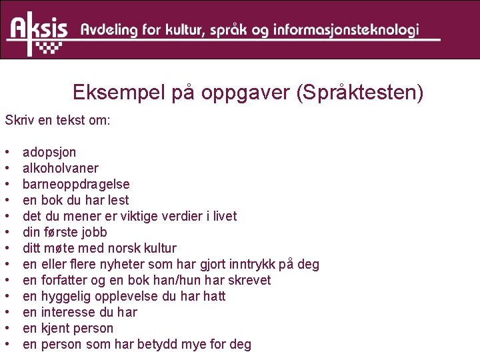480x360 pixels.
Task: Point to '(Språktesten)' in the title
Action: [359, 93]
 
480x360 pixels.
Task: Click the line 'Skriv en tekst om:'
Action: [57, 121]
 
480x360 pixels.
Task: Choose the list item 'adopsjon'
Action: [49, 152]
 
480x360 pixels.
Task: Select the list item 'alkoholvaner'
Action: [60, 168]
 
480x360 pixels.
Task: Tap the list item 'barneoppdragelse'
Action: [76, 184]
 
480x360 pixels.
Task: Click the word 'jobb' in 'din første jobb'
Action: [93, 232]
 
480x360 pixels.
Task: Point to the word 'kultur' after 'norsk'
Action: [158, 248]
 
